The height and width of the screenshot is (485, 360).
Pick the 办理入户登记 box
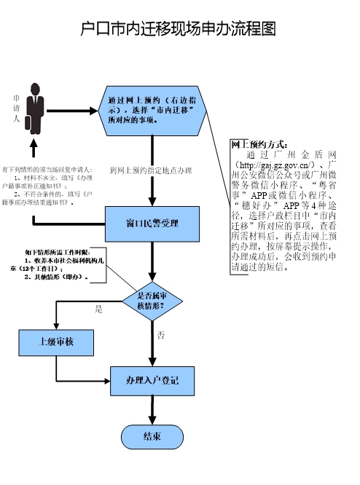(x=152, y=381)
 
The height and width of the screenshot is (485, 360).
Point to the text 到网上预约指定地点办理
(x=150, y=170)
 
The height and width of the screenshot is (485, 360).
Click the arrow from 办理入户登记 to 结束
(x=152, y=410)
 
